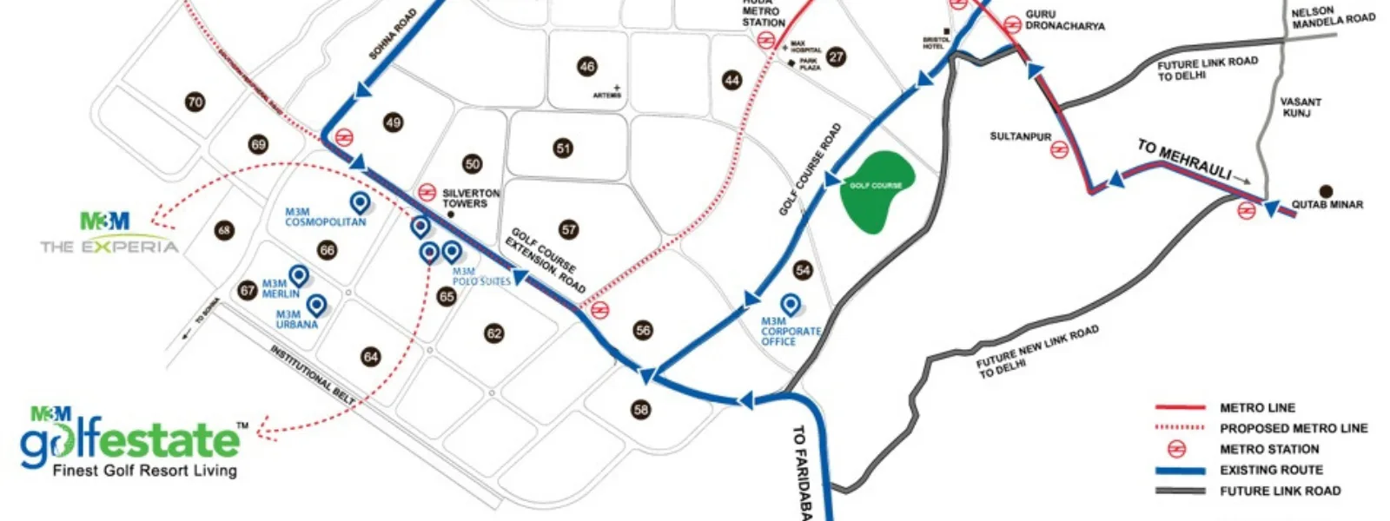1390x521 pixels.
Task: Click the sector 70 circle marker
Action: click(x=195, y=102)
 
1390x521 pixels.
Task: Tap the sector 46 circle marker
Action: click(x=587, y=66)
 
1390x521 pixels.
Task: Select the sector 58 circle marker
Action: click(x=641, y=409)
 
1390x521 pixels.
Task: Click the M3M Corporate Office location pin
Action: click(x=790, y=304)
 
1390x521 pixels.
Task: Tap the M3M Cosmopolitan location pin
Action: click(x=359, y=202)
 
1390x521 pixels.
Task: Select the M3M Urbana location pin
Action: click(x=316, y=304)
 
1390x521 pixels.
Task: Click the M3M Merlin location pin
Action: click(x=299, y=275)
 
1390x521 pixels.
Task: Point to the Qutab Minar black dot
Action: click(x=1326, y=191)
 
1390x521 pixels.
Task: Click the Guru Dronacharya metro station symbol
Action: click(x=1012, y=25)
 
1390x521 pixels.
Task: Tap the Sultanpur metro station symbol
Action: click(x=1058, y=149)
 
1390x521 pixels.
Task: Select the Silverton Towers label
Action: click(x=471, y=198)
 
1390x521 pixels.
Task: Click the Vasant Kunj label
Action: click(x=1300, y=107)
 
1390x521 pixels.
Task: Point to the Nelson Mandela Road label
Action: click(x=1333, y=17)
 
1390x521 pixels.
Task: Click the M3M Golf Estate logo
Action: click(x=130, y=441)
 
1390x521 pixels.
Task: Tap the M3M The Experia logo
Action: click(x=109, y=234)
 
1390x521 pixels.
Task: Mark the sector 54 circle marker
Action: click(x=803, y=270)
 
